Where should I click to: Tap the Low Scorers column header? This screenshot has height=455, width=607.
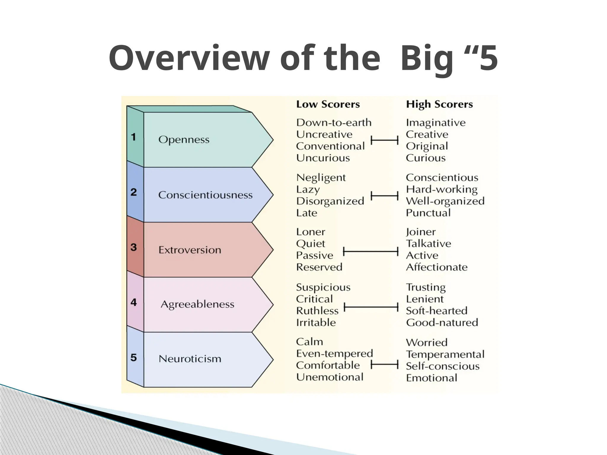pos(328,104)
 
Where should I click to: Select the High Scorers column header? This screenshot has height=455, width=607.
pos(439,104)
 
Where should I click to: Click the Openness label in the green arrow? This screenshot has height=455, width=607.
pos(184,140)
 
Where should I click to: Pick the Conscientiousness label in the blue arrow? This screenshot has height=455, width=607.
pos(205,195)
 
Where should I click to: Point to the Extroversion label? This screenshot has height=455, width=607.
pos(190,250)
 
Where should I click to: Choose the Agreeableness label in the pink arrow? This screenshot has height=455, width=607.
pos(197,304)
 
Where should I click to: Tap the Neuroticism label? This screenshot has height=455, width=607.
pos(190,359)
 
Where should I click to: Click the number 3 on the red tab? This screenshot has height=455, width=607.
pos(134,247)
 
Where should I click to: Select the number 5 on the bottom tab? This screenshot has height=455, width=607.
pos(134,358)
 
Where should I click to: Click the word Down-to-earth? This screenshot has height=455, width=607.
pos(334,123)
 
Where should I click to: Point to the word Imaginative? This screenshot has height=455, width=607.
pos(436,123)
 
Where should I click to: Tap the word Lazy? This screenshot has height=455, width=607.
pos(308,190)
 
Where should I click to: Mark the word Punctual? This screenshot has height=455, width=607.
pos(428,213)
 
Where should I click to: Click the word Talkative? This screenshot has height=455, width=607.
pos(429,244)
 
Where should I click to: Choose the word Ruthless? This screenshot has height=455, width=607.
pos(317,311)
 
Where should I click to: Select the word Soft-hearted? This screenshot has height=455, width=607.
pos(436,311)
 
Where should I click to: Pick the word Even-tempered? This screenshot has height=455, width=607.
pos(334,354)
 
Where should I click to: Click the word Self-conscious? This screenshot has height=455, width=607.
pos(443,366)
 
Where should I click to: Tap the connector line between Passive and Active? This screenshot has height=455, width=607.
pos(370,252)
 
